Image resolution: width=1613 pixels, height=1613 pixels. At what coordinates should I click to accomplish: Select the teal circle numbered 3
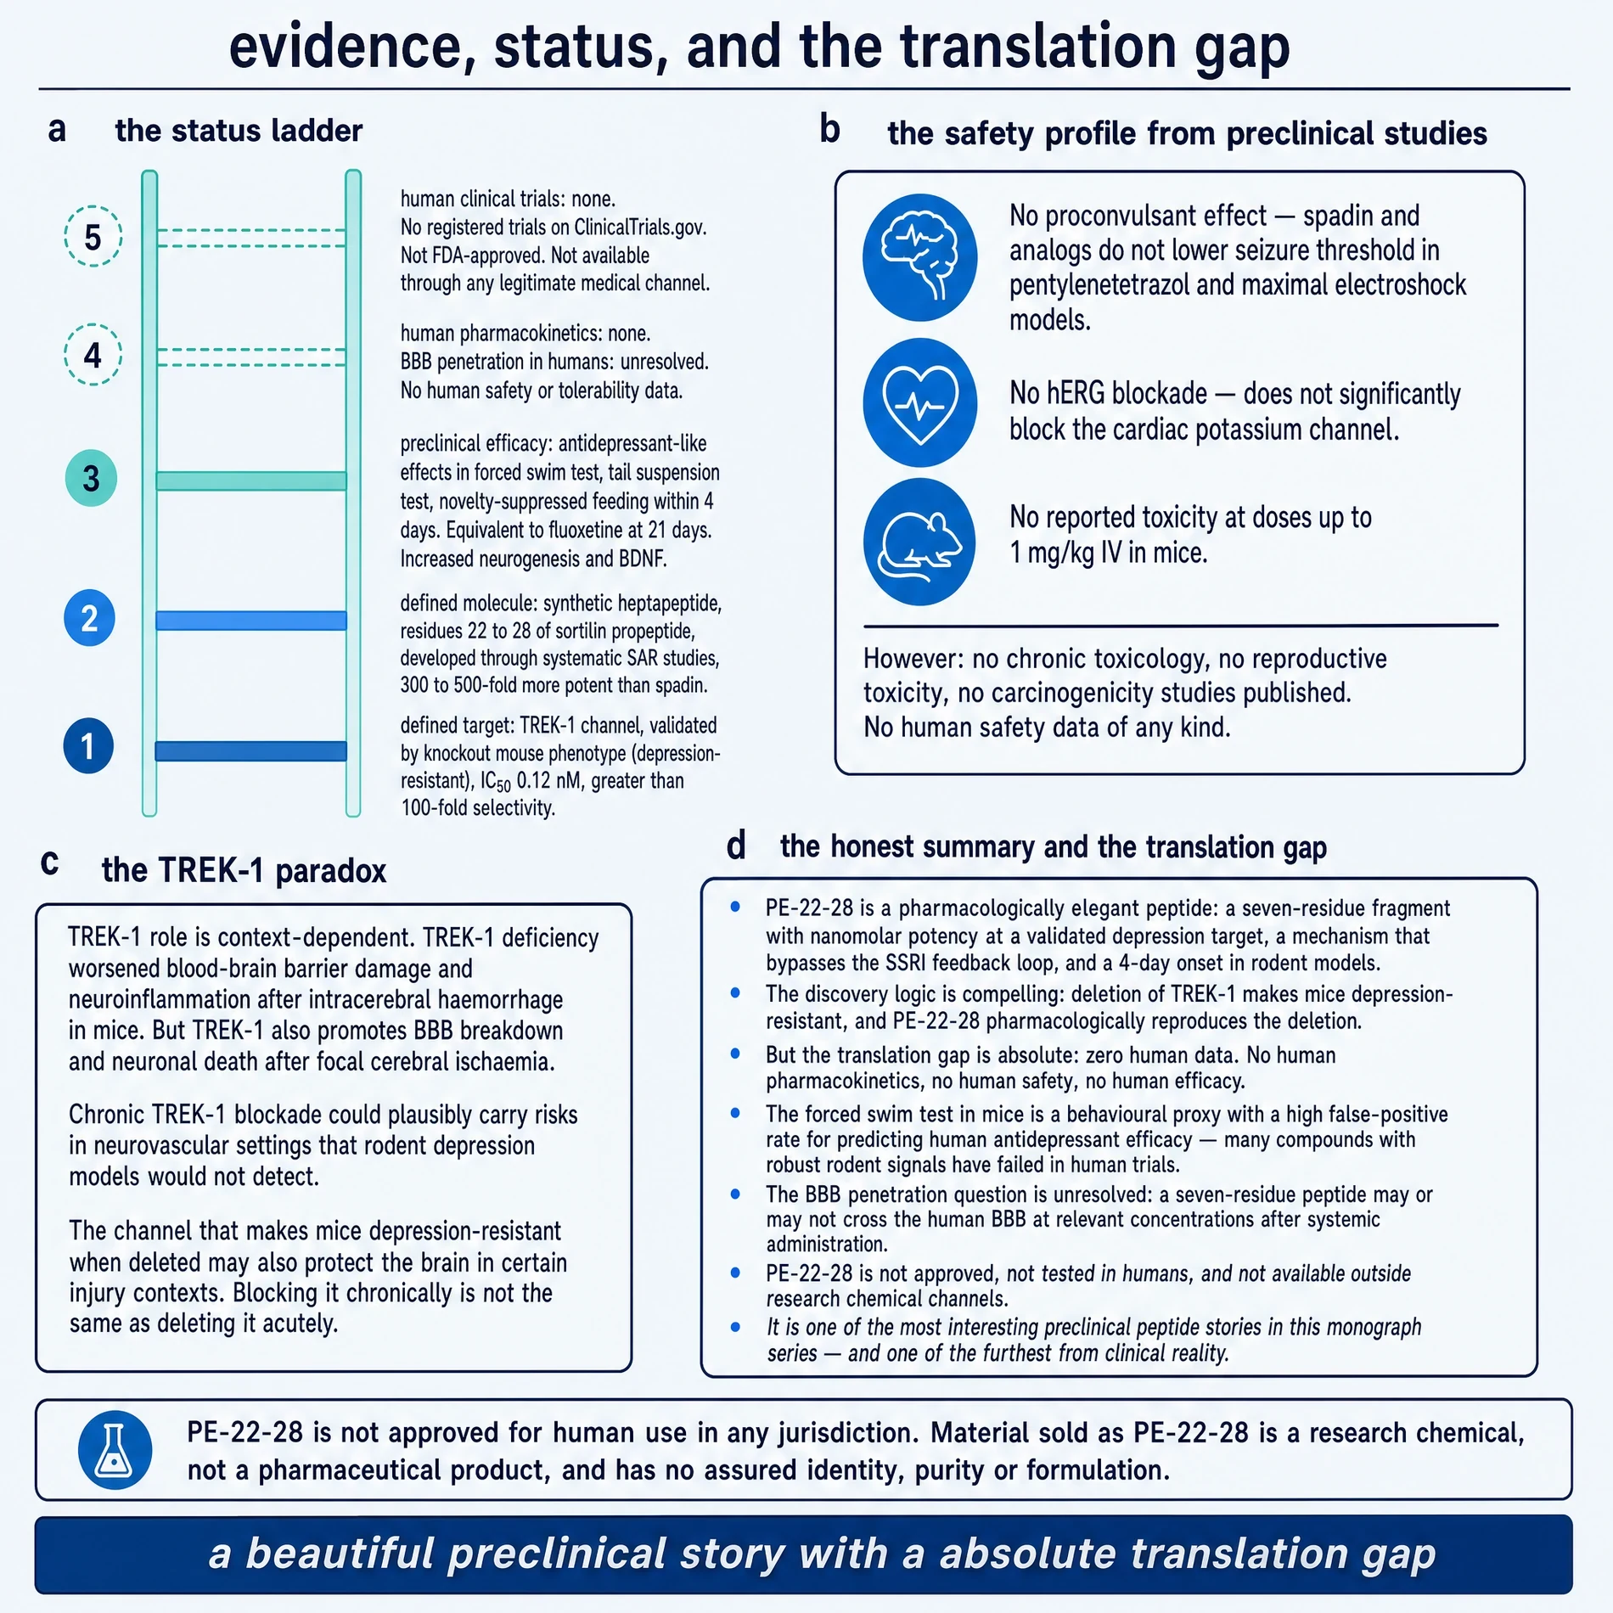[x=91, y=478]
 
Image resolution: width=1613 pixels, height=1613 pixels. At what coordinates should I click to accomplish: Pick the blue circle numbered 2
[x=89, y=618]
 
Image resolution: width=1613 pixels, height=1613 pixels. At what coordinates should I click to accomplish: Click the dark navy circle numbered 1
[x=88, y=746]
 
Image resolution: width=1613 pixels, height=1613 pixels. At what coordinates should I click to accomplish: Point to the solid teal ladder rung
[x=251, y=481]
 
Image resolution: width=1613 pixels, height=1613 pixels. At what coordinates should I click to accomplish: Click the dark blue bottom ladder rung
[x=251, y=751]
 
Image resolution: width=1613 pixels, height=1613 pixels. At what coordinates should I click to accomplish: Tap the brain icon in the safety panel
[x=919, y=257]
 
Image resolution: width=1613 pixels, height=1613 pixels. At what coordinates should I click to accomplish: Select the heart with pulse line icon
[x=919, y=402]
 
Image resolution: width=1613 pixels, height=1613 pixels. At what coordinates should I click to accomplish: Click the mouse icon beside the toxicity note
[x=919, y=542]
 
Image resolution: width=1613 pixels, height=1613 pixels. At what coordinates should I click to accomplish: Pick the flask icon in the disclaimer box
[x=115, y=1450]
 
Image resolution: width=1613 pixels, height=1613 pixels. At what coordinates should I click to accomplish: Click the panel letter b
[x=829, y=129]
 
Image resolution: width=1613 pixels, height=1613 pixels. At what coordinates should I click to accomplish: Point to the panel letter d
[x=736, y=846]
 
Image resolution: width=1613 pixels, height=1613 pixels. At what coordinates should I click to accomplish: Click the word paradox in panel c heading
[x=331, y=872]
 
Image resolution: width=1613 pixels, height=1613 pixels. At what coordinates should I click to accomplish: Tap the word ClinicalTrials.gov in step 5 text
[x=640, y=228]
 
